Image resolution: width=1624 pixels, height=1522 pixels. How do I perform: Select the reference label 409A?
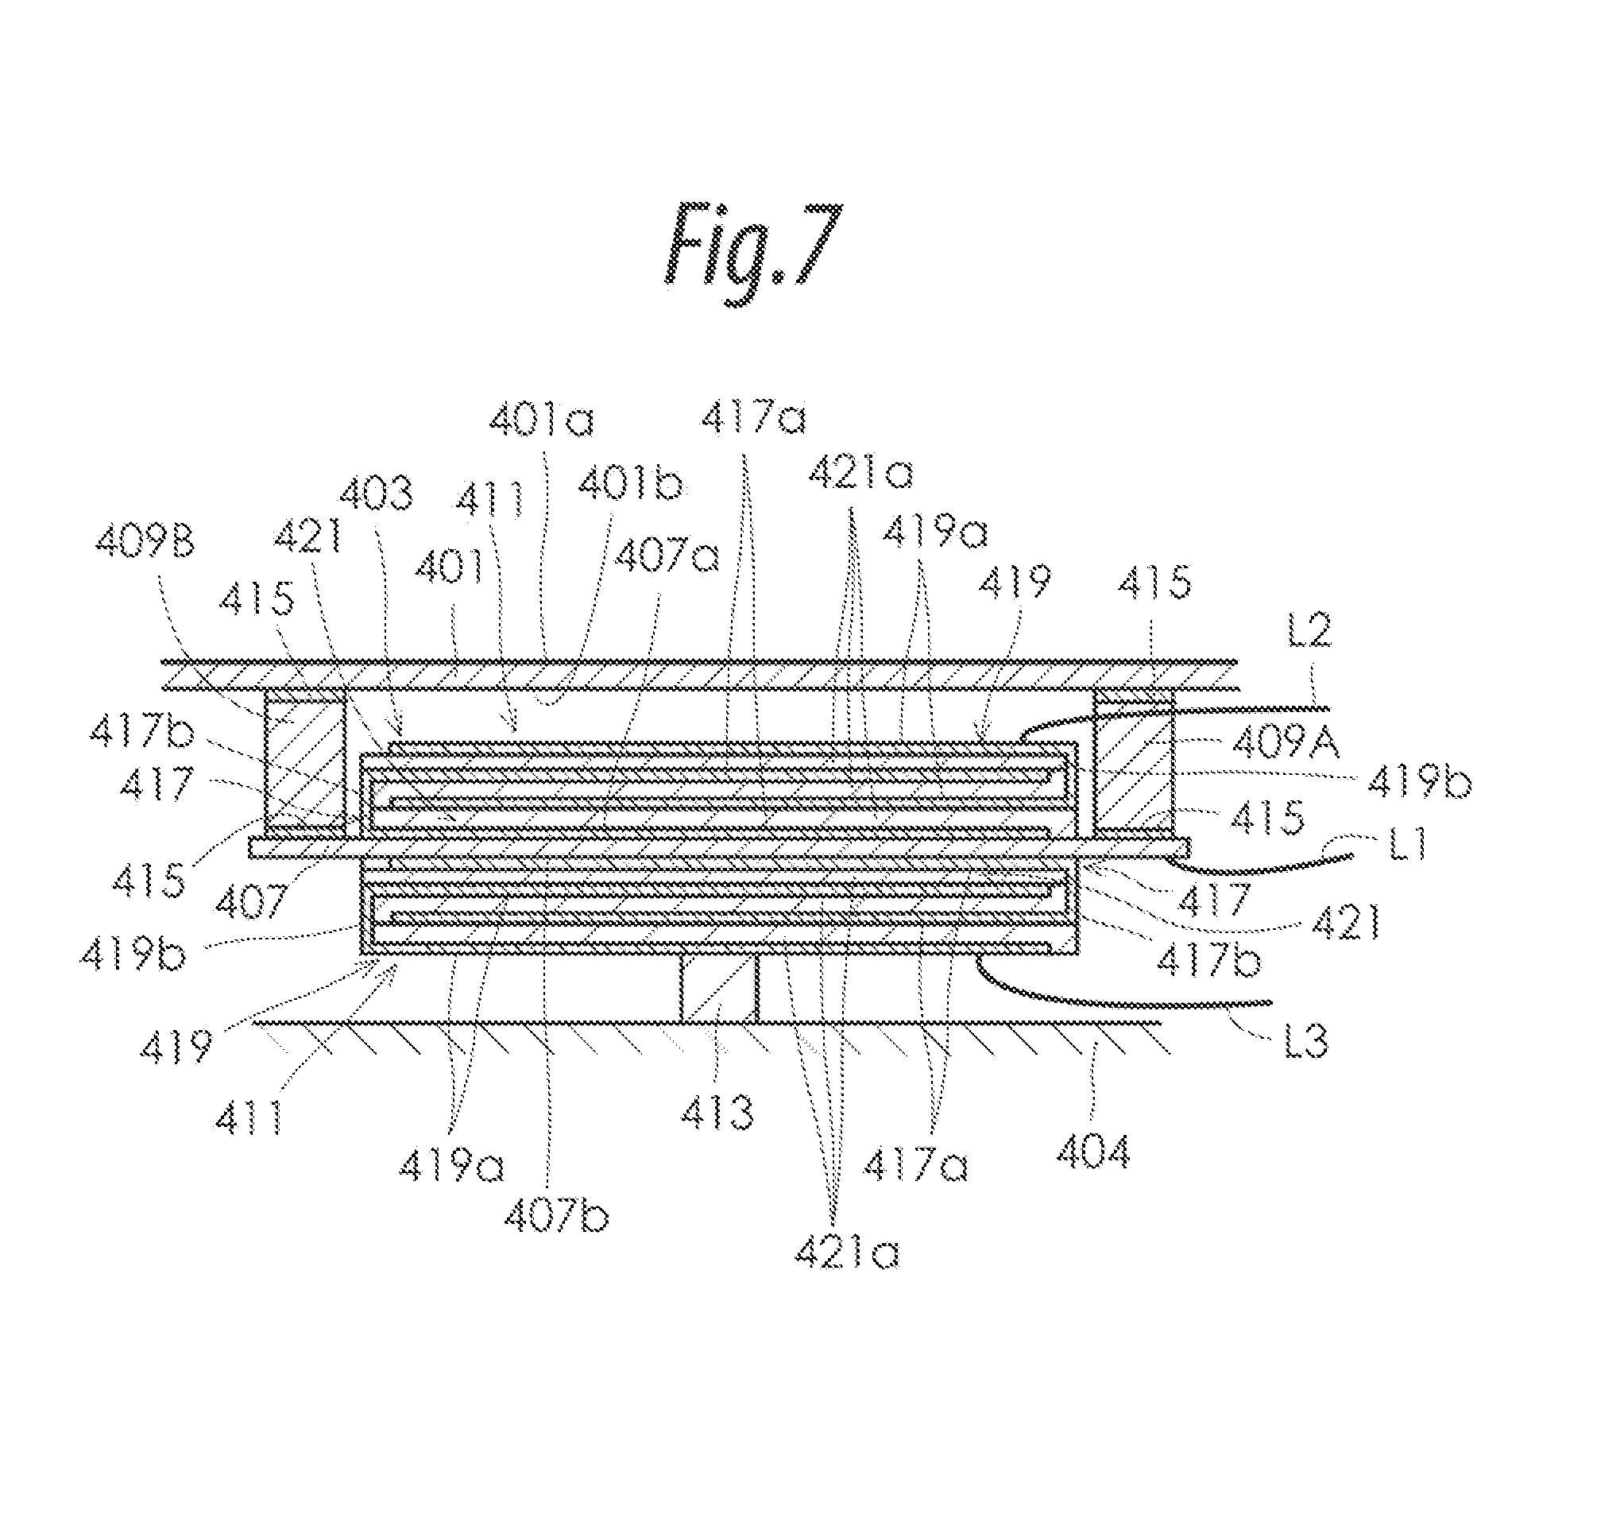click(1285, 743)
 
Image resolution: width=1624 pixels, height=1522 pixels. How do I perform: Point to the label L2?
click(1309, 630)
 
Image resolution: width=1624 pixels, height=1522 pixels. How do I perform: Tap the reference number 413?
click(717, 1112)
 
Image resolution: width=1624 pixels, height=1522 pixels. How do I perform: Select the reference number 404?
click(1093, 1151)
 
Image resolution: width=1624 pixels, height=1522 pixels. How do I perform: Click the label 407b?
click(556, 1218)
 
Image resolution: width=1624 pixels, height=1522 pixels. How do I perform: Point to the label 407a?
click(667, 557)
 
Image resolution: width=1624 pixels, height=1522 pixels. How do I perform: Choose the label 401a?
click(542, 420)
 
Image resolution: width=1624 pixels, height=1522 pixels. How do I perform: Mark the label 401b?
click(630, 484)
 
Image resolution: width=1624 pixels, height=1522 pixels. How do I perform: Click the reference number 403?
click(376, 494)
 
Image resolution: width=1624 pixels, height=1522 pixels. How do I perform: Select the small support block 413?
click(720, 989)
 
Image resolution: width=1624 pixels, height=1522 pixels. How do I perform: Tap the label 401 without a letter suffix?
click(448, 566)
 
